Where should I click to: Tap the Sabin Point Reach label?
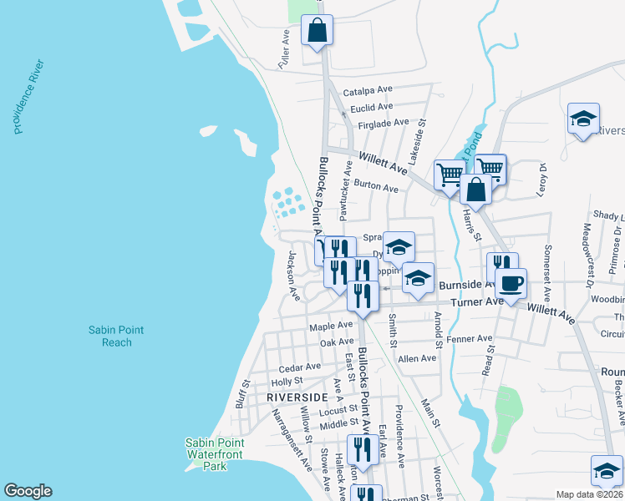(x=116, y=337)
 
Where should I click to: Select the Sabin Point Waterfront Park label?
(x=212, y=454)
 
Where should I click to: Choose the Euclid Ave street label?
(x=371, y=107)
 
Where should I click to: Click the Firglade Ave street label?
(x=383, y=124)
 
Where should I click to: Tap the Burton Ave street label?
(x=376, y=187)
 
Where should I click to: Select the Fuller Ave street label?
(x=285, y=49)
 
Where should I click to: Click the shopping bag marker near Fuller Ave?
(x=318, y=31)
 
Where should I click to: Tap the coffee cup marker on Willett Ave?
(x=511, y=282)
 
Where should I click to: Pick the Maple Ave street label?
(x=331, y=326)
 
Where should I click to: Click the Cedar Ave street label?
(x=300, y=367)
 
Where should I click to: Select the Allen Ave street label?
(x=417, y=358)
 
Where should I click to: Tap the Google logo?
(x=28, y=491)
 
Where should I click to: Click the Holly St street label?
(x=287, y=382)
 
